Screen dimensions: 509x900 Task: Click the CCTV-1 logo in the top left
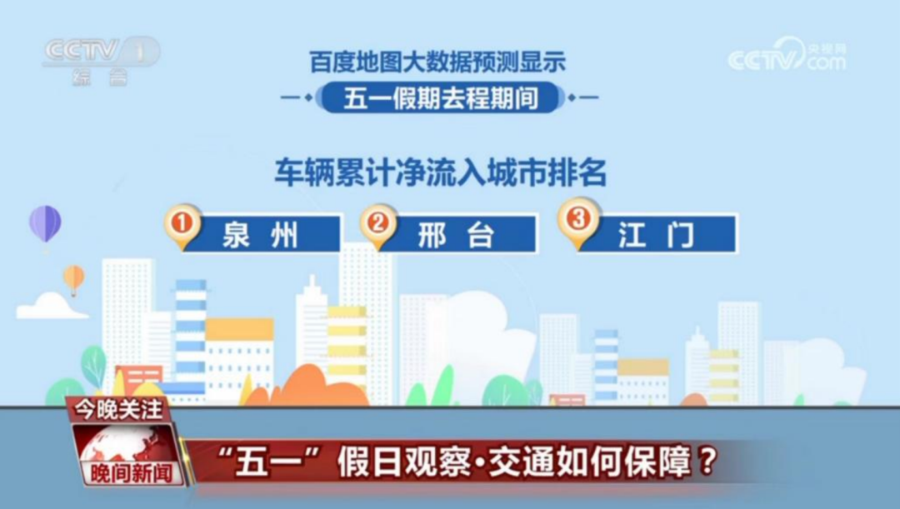[x=100, y=52]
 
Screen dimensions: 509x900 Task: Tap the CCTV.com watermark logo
[x=787, y=57]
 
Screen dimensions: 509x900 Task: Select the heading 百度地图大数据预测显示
[x=438, y=62]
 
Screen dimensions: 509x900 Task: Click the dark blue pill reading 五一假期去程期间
[x=441, y=98]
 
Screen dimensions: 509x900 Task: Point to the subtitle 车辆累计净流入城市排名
[x=441, y=172]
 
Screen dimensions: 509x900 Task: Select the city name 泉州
[x=260, y=235]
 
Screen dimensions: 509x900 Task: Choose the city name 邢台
[x=456, y=235]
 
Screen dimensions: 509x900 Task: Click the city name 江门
[x=656, y=235]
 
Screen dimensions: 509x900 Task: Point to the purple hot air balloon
[x=45, y=223]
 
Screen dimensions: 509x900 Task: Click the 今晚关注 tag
[x=117, y=410]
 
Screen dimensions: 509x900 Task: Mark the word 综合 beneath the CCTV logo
[x=99, y=77]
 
